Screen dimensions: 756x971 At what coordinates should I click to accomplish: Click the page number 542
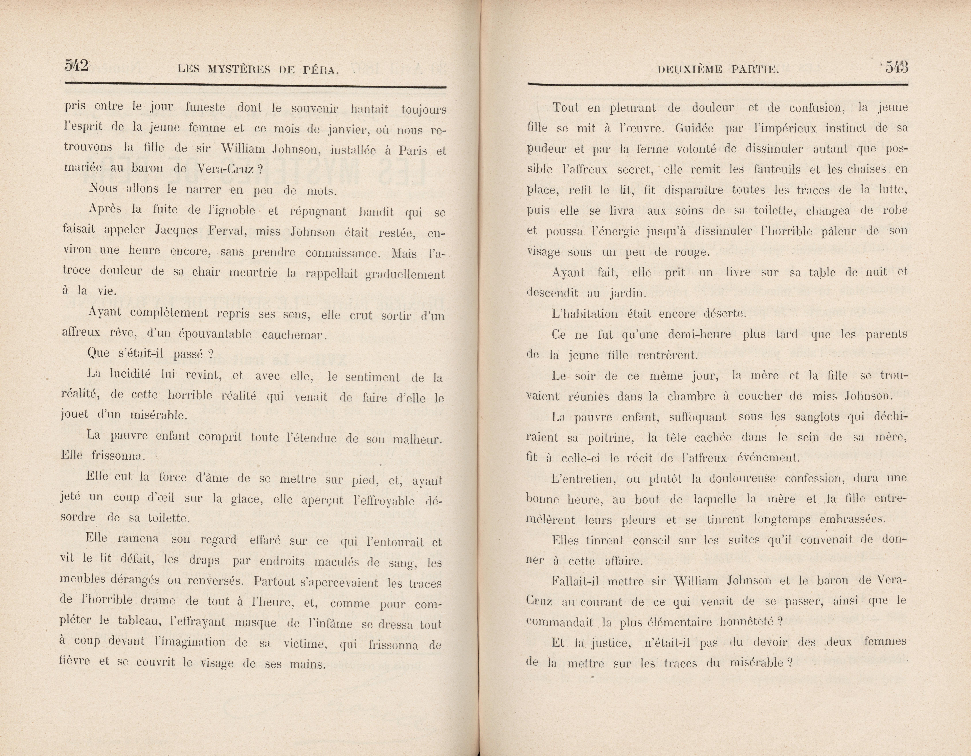click(x=76, y=66)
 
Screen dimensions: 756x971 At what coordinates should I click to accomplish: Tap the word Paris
click(x=413, y=150)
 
